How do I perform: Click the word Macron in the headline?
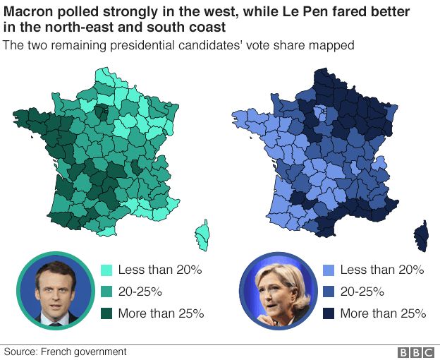coord(28,12)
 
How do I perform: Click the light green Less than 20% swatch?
coord(106,270)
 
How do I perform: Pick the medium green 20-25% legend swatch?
coord(106,292)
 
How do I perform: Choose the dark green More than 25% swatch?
coord(106,313)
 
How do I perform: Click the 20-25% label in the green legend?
coord(140,292)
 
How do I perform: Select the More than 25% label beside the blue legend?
coord(383,313)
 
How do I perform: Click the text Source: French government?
coord(66,352)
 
